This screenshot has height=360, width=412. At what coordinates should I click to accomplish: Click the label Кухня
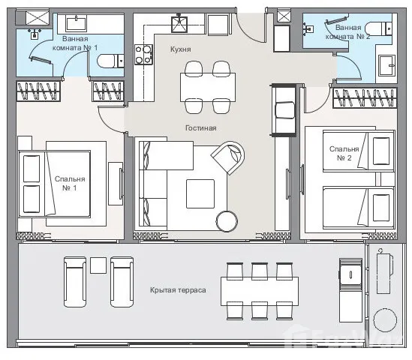point(181,49)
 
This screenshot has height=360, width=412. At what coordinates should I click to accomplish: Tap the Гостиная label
point(201,128)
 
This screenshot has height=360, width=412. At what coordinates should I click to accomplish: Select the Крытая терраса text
point(178,290)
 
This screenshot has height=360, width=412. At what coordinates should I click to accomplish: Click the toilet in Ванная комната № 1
point(110,61)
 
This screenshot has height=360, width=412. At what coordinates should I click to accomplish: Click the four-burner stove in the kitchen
point(143,55)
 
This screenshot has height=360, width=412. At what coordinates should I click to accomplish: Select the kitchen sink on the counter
point(179,25)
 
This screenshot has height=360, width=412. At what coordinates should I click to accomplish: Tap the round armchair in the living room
point(228,157)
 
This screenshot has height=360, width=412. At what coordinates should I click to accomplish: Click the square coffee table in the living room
point(200,193)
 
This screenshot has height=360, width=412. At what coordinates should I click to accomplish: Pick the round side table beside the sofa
point(227,221)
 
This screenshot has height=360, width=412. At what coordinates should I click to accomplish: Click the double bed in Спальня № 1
point(55,184)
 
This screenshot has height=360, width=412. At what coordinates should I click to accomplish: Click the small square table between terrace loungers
point(98,265)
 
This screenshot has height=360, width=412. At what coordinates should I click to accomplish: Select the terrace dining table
point(260,291)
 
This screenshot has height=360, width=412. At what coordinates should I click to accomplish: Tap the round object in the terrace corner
point(385,320)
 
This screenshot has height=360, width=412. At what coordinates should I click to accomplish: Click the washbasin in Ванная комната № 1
point(77,24)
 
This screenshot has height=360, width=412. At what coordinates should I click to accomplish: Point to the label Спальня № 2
point(344,153)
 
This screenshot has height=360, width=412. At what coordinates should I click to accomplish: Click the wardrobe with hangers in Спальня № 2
point(365,98)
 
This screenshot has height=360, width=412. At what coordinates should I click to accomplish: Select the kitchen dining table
point(208,87)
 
